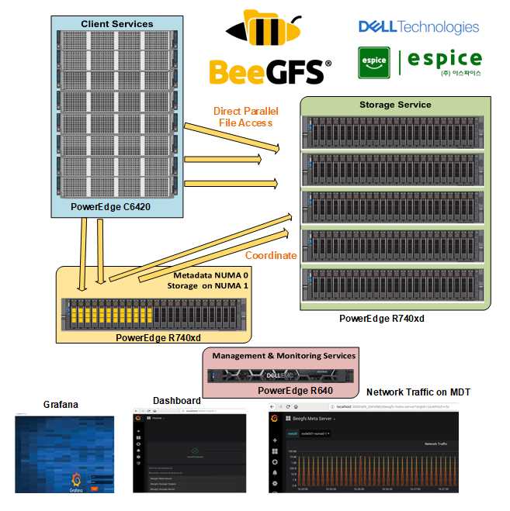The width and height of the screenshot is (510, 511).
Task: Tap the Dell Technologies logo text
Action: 418,27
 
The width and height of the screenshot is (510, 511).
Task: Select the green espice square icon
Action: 373,63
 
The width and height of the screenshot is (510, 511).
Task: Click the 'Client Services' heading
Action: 117,24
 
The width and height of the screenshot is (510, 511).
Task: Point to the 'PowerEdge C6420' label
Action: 110,206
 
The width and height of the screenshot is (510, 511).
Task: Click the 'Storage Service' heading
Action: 395,105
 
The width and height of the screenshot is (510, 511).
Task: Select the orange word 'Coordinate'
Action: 271,255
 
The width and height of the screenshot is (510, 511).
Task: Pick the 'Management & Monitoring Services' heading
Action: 283,356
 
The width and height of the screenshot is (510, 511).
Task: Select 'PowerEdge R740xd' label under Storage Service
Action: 382,318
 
